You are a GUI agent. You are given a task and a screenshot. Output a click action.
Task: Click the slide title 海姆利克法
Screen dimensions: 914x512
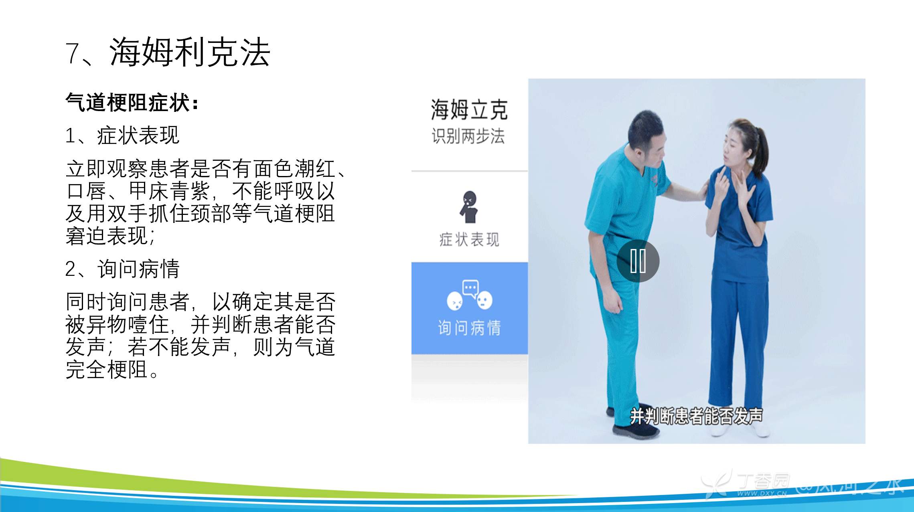190,52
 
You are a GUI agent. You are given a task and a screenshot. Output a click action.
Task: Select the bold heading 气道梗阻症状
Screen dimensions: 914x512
128,102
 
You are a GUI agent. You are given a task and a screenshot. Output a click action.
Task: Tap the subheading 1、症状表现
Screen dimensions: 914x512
122,136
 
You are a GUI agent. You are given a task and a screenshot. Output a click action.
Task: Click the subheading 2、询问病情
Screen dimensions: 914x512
122,269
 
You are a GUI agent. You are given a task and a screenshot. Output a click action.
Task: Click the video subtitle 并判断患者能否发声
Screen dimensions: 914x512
696,416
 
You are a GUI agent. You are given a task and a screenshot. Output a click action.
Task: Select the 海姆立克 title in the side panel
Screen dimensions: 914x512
469,109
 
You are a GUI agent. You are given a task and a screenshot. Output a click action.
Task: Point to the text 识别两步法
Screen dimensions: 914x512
468,136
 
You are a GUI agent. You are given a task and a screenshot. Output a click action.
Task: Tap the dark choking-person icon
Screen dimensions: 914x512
469,207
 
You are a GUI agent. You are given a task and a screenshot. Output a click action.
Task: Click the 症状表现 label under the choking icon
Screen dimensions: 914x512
469,240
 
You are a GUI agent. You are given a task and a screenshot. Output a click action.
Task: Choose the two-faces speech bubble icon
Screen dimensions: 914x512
470,295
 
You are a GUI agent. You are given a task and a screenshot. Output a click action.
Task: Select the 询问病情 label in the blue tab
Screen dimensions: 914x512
470,328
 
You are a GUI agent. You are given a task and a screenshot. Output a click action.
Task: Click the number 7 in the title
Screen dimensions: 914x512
73,53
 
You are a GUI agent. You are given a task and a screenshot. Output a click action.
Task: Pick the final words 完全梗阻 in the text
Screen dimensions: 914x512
107,370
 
